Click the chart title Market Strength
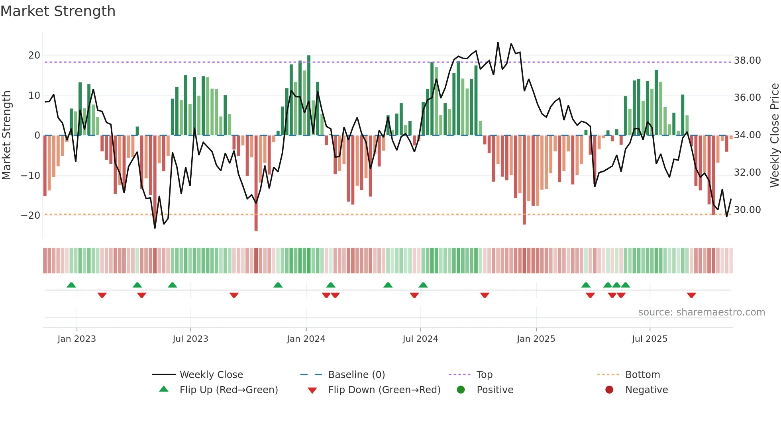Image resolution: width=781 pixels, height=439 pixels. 58,11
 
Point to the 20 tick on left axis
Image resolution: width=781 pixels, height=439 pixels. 34,55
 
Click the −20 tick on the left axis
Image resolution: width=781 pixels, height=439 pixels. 31,216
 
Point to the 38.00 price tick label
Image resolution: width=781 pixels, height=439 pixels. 747,61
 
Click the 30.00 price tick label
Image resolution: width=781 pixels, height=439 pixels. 747,210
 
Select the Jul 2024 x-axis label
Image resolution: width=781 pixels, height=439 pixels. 420,339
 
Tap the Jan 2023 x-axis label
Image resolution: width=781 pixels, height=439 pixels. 77,339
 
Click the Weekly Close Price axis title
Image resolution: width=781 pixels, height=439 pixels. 774,135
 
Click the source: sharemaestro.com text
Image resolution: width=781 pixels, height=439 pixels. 701,312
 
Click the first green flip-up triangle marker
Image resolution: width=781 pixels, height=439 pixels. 71,285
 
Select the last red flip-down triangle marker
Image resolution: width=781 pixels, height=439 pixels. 691,295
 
